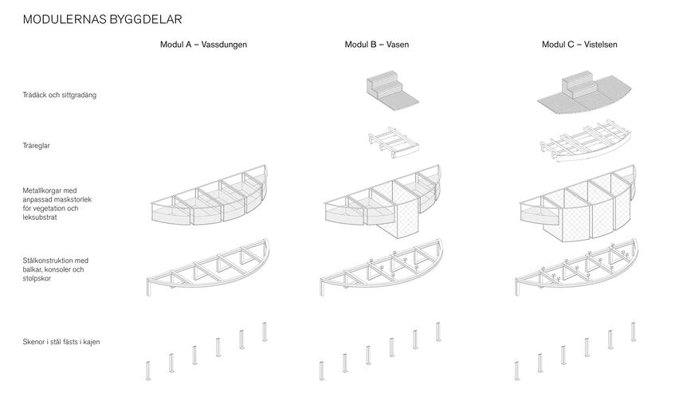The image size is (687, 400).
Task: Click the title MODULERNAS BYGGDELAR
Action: pos(102,20)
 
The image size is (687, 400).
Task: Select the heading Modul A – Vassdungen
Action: pos(203,45)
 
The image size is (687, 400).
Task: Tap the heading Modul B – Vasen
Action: pos(377,45)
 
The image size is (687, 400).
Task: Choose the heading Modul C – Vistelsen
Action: pos(579,45)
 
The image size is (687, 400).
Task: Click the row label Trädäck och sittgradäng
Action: pos(60,95)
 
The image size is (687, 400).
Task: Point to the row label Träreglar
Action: pos(37,146)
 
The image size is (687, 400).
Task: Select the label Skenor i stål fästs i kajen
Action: pos(61,342)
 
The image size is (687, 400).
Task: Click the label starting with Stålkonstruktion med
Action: pos(56,269)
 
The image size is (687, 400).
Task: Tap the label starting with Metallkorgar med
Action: pos(57,204)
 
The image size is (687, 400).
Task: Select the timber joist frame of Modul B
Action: pos(393,143)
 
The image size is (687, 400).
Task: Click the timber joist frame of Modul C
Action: pos(584,141)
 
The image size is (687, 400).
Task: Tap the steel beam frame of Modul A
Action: pos(208,268)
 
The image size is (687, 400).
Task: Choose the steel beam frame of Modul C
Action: pos(576,268)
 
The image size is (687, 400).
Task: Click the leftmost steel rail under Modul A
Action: pos(148,371)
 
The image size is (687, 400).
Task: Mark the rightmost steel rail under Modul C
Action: pos(633,331)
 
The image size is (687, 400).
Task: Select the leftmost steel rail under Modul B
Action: pos(322,371)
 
